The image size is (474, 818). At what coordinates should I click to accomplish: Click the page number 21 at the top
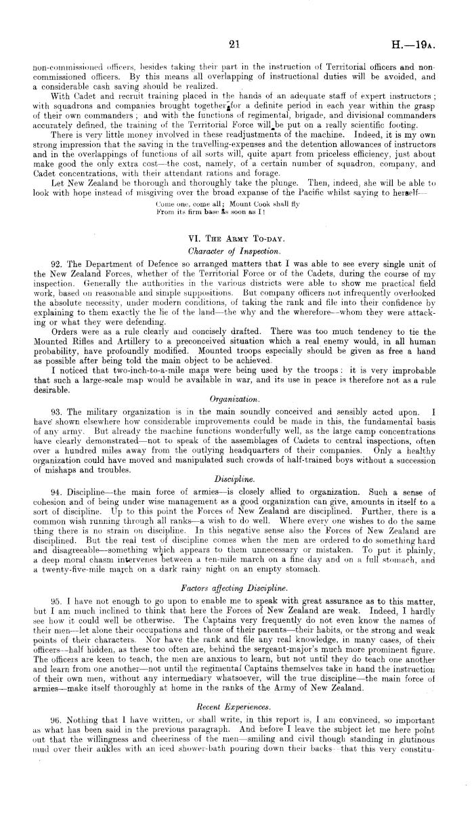tap(235, 45)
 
